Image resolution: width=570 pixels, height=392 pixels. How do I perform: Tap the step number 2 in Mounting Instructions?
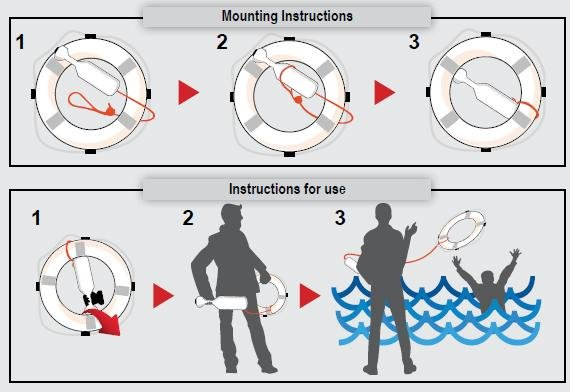(222, 42)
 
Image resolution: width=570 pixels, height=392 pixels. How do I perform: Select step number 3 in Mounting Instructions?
(414, 41)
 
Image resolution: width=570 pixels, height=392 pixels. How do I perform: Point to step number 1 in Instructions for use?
(36, 218)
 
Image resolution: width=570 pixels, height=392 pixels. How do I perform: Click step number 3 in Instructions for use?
(340, 217)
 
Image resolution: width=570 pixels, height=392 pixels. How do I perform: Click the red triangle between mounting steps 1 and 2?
(188, 93)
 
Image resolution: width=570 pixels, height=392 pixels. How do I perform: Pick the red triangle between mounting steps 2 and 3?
(385, 93)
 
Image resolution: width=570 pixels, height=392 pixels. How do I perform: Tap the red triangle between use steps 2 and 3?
(310, 296)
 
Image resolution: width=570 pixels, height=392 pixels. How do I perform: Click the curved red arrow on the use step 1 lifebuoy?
(105, 320)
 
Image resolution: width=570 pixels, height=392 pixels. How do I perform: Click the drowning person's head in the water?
(487, 279)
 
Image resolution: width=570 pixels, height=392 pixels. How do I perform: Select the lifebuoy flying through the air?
(462, 230)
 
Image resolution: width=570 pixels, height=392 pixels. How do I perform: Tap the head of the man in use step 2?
(232, 215)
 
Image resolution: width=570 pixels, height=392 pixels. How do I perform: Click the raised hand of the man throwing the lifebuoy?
(411, 230)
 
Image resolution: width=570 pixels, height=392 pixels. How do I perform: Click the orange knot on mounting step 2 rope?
(298, 100)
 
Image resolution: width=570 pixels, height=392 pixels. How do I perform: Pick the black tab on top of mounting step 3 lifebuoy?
(486, 35)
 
